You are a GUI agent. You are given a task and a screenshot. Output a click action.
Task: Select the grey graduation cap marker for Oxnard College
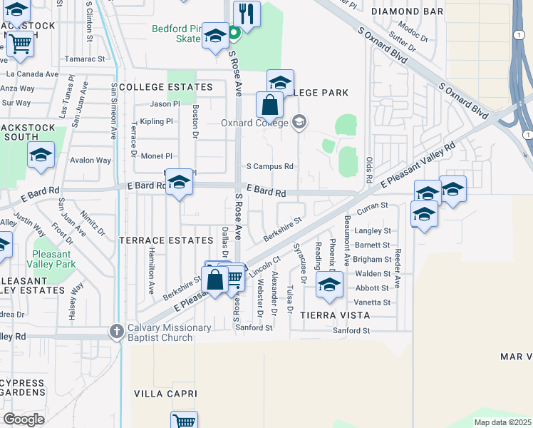point(299,122)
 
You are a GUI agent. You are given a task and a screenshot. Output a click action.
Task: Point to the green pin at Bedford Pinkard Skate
point(234,34)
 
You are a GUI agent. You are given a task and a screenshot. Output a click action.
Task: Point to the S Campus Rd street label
point(270,166)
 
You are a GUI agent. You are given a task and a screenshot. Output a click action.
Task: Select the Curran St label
point(371,205)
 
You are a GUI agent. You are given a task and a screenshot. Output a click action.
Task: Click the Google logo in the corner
point(24,419)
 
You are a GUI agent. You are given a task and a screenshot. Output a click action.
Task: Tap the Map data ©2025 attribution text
point(502,422)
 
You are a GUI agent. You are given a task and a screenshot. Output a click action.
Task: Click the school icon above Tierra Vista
point(329,284)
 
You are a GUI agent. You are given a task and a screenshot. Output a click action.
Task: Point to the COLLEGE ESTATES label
point(166,87)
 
